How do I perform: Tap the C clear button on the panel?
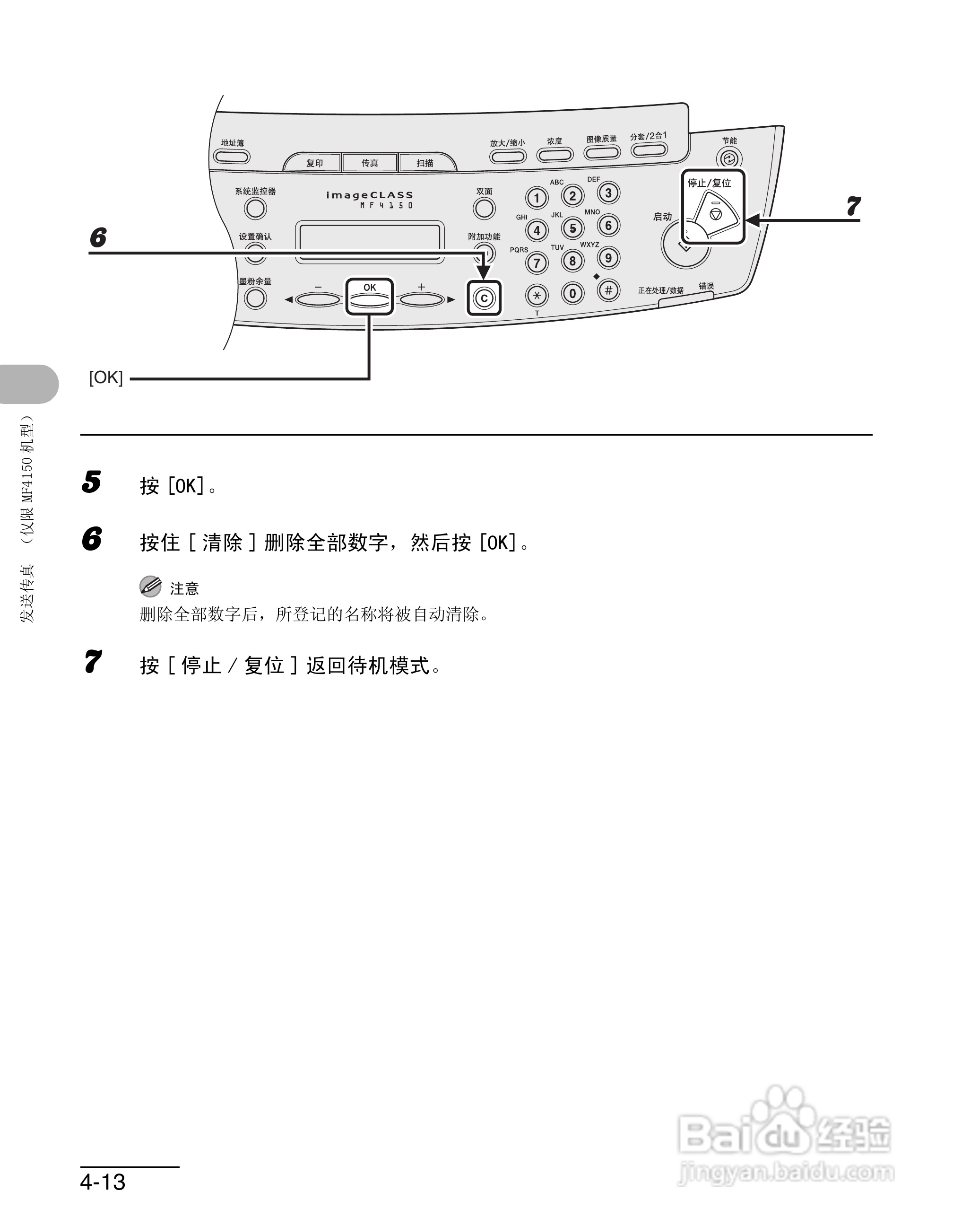click(484, 298)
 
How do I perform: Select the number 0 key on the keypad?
click(572, 294)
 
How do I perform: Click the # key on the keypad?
click(608, 291)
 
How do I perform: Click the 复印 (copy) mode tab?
click(314, 163)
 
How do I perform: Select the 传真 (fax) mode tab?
click(370, 163)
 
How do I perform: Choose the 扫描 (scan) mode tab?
click(425, 163)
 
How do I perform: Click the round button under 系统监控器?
click(255, 209)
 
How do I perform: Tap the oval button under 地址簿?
click(232, 157)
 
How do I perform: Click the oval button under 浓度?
click(555, 154)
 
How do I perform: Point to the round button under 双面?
click(484, 209)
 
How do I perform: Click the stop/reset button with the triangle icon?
click(715, 214)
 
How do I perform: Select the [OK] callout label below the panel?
click(106, 378)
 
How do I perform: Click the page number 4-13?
click(103, 1182)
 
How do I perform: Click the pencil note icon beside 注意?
click(150, 587)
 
